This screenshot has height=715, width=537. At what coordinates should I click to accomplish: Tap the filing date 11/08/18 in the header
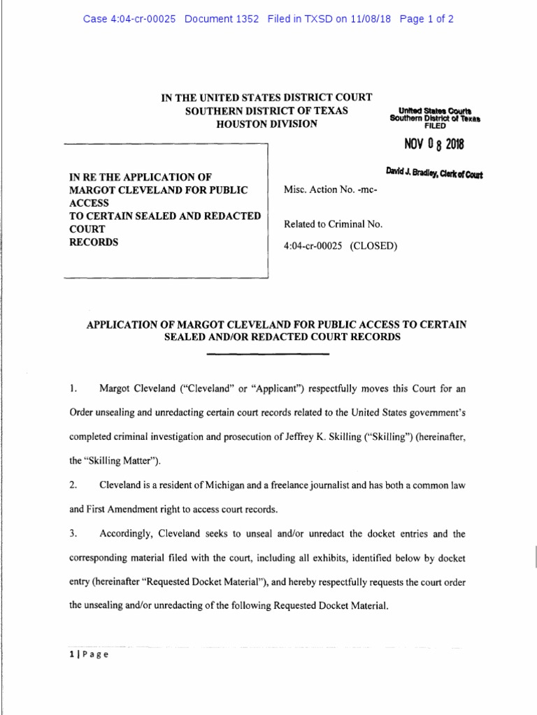click(366, 19)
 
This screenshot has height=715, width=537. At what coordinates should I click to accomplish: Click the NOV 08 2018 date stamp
click(433, 145)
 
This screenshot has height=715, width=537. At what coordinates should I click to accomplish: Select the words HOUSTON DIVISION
click(268, 124)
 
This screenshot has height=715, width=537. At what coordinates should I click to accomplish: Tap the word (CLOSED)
click(373, 245)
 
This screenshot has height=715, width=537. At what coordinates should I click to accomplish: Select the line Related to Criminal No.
click(333, 224)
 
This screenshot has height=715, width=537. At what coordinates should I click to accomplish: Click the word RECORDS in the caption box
click(94, 242)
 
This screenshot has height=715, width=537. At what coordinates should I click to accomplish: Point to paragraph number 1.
click(73, 388)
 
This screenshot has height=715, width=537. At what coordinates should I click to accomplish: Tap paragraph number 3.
click(73, 534)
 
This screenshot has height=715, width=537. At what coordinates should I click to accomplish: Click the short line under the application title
click(268, 353)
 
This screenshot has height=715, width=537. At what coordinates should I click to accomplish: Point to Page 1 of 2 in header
click(427, 19)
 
